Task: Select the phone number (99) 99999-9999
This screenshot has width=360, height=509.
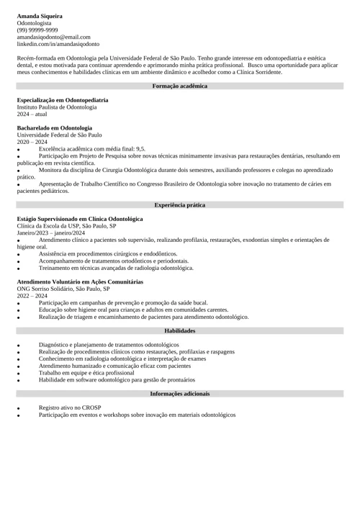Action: pyautogui.click(x=37, y=30)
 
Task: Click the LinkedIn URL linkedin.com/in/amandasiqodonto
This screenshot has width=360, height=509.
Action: pyautogui.click(x=58, y=44)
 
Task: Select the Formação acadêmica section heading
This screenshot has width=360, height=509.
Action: pyautogui.click(x=180, y=86)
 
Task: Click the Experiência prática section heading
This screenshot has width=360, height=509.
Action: pyautogui.click(x=180, y=205)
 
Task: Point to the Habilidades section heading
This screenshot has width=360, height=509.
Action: pyautogui.click(x=180, y=330)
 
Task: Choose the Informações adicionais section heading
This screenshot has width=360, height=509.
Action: pyautogui.click(x=180, y=394)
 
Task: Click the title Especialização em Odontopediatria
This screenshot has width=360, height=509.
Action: pyautogui.click(x=63, y=100)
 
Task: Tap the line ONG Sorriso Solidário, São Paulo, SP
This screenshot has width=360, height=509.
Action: pyautogui.click(x=63, y=289)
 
